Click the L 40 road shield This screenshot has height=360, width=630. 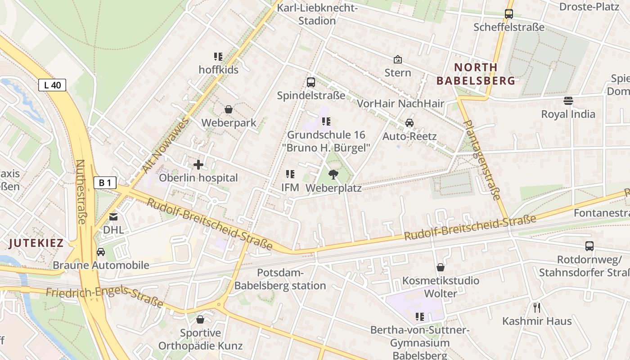(52, 85)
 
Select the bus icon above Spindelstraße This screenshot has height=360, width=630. (311, 82)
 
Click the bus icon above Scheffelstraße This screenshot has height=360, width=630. (509, 14)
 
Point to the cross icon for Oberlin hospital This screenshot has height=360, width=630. (198, 165)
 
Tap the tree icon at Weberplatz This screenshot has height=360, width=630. (333, 175)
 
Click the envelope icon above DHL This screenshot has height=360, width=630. (113, 217)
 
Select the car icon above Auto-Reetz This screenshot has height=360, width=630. (409, 123)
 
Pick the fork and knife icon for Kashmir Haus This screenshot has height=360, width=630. (536, 308)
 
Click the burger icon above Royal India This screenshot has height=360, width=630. (568, 101)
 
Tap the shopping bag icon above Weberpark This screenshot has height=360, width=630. (229, 109)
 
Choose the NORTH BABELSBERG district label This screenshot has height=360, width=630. (476, 74)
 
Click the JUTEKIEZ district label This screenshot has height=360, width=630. (36, 243)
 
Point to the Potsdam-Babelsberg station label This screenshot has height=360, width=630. (280, 279)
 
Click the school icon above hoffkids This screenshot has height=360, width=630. (218, 57)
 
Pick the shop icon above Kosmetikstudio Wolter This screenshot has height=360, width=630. (441, 268)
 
